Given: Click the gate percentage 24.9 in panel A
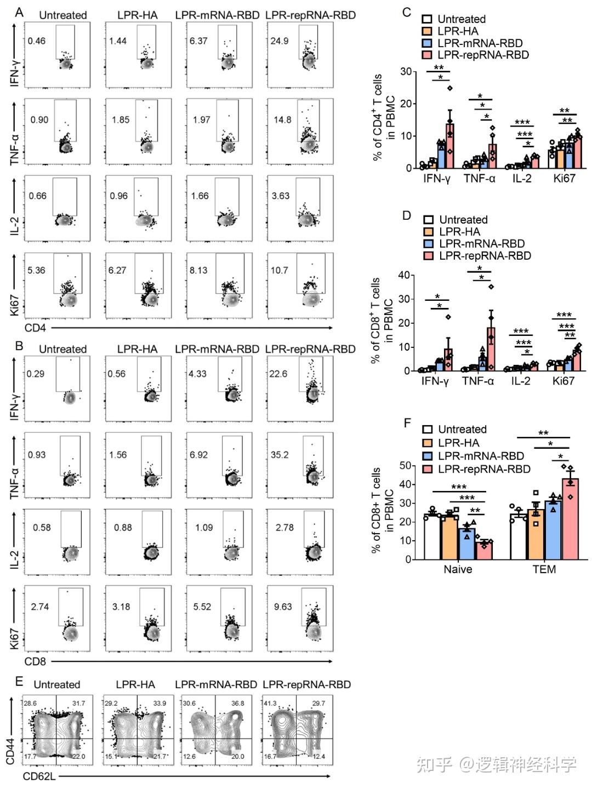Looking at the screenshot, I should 279,41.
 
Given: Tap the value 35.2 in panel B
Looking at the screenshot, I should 280,455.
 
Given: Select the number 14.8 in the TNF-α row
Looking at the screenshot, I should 282,119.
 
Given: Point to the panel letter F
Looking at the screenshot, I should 407,423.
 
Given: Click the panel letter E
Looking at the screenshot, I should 19,681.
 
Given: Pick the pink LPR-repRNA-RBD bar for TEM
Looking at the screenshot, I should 570,519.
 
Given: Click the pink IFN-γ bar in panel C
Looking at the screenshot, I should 449,146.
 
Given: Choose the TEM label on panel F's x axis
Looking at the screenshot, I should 544,569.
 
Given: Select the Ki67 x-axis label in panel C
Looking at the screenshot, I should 564,178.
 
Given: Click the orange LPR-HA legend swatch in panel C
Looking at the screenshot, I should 427,31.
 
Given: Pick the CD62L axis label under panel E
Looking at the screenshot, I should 39,776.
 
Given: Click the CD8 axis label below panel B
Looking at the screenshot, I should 35,661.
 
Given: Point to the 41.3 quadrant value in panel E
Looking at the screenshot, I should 270,703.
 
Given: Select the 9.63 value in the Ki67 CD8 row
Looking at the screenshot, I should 283,607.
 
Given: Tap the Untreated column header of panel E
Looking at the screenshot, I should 56,684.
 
